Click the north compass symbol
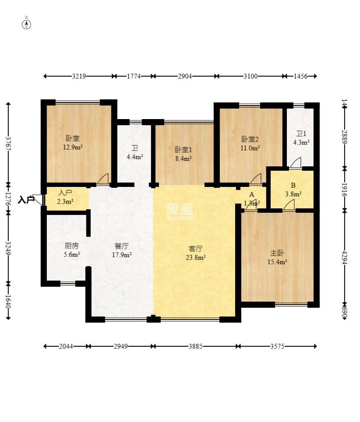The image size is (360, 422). point(27,24)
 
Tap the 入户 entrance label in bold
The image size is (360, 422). point(26,200)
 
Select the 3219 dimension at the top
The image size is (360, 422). point(79,76)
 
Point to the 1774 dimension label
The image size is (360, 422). point(134,76)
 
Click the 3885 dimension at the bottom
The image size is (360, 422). point(195,346)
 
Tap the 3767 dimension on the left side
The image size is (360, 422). point(8,144)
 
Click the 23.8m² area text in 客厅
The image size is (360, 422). point(195,258)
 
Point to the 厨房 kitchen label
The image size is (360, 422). point(72,246)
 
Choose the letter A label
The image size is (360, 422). point(252,194)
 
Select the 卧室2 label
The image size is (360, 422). point(250,139)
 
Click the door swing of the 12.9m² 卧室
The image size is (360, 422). point(103,179)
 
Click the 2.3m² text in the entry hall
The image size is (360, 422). point(65,202)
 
